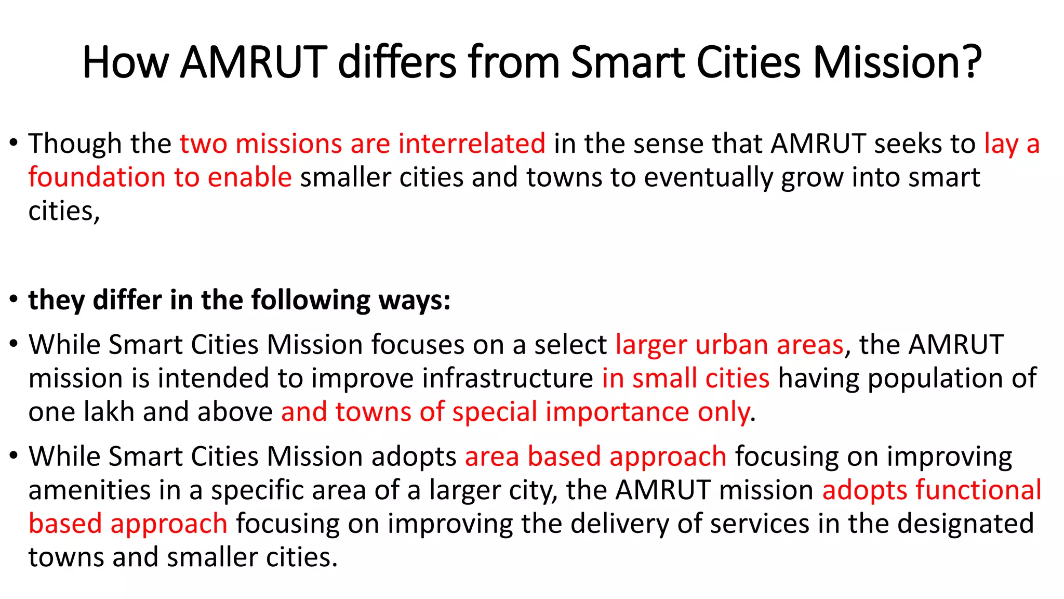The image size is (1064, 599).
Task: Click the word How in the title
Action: pyautogui.click(x=125, y=62)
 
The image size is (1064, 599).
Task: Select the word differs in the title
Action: pyautogui.click(x=397, y=62)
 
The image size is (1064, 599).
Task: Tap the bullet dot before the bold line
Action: pyautogui.click(x=14, y=299)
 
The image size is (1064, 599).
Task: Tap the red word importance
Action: pyautogui.click(x=617, y=412)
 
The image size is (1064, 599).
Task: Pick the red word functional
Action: pyautogui.click(x=978, y=490)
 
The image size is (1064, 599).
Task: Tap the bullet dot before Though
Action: pyautogui.click(x=14, y=143)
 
